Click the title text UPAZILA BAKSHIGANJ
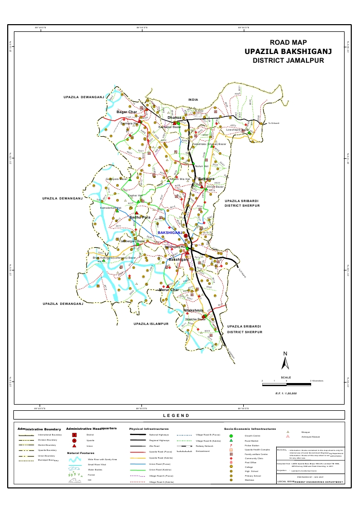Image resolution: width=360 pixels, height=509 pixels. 288,51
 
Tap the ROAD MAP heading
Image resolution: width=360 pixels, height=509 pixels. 288,42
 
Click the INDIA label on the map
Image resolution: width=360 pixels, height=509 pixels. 193,99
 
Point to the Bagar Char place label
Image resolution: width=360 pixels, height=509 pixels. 127,112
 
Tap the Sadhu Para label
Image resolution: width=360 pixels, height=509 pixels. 139,217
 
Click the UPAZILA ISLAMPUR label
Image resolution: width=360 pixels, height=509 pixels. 151,324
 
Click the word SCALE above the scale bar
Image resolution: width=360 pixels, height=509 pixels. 286,377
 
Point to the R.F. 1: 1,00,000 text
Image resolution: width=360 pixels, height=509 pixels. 286,393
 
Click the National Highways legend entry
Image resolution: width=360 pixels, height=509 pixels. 159,435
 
